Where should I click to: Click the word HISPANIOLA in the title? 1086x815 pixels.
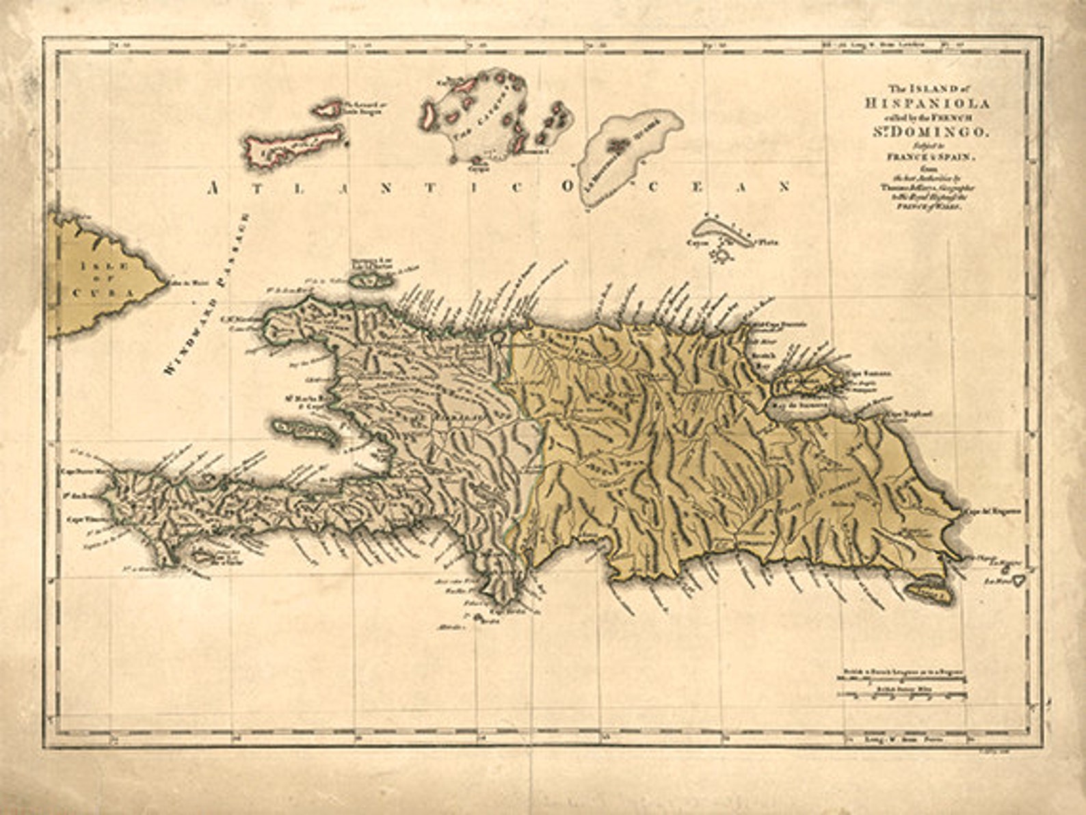click(926, 104)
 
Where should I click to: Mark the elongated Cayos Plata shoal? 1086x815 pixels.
click(725, 232)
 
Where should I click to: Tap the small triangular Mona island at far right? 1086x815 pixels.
click(1018, 580)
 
